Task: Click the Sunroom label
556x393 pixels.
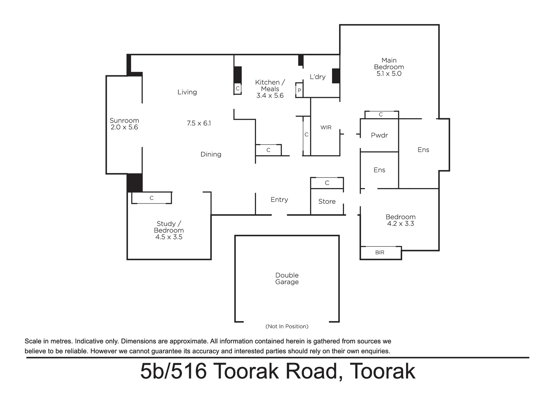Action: point(124,120)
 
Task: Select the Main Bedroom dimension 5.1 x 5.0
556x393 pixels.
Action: point(389,74)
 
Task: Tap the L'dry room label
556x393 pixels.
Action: point(317,77)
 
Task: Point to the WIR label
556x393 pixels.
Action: point(326,127)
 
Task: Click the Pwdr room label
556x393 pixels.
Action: point(379,135)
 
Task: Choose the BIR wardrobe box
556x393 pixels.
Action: point(380,253)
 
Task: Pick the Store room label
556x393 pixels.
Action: point(327,202)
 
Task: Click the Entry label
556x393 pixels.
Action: point(279,200)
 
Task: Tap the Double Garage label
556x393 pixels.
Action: point(287,279)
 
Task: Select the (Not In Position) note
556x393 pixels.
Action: point(287,326)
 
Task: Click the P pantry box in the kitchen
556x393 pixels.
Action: point(299,90)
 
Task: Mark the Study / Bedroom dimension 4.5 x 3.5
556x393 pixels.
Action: point(169,237)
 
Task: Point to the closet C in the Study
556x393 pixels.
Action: point(152,198)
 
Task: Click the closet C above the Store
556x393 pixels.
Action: point(327,183)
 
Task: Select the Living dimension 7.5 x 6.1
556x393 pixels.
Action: point(199,123)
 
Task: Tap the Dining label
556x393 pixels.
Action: point(211,154)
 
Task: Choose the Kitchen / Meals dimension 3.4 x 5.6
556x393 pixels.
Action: point(270,96)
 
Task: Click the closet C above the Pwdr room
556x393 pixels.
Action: point(381,115)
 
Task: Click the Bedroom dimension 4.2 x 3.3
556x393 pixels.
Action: point(400,224)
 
